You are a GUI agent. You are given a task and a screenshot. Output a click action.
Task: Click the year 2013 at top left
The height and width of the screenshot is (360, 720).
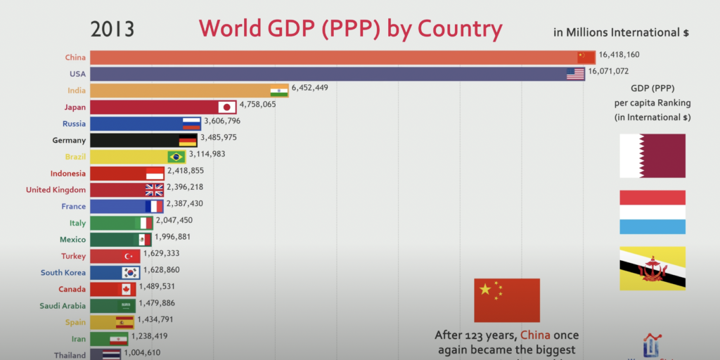(112, 29)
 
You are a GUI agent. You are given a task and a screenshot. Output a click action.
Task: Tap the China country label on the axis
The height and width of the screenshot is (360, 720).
(75, 58)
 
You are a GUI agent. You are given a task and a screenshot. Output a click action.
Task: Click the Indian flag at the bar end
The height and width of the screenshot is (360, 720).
(280, 91)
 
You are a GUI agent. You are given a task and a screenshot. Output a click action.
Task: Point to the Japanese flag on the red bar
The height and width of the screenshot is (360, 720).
(226, 107)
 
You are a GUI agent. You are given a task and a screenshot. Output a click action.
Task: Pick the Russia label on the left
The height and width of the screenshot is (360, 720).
(74, 123)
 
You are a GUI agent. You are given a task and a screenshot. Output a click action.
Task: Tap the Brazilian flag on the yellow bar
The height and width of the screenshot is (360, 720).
(176, 156)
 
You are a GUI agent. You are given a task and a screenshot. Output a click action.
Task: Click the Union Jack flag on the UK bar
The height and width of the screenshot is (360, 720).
(154, 189)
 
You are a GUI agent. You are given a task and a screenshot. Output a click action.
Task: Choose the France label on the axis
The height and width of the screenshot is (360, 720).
(73, 206)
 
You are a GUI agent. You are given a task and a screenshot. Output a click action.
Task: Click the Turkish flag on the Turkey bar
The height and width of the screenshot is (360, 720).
(130, 256)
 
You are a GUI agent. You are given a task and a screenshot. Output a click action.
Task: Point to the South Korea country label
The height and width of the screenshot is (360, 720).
(63, 273)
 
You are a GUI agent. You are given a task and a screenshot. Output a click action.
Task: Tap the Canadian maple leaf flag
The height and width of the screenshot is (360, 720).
(127, 289)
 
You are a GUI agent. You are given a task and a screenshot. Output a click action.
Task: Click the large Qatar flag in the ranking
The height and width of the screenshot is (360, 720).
(652, 155)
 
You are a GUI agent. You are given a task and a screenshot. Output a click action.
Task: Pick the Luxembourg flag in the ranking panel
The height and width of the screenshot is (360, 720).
(652, 212)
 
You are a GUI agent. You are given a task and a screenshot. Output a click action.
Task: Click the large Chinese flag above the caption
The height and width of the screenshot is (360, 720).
(507, 300)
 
